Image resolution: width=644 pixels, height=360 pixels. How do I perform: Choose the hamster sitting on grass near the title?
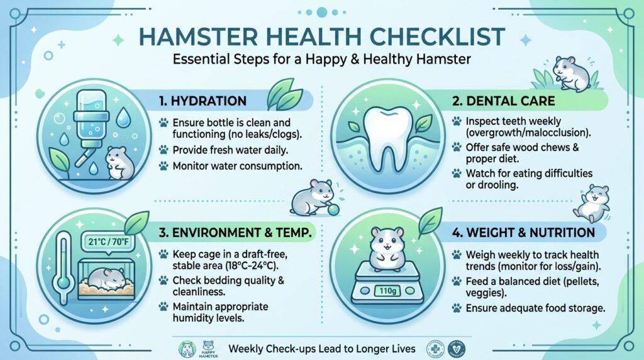[570, 72]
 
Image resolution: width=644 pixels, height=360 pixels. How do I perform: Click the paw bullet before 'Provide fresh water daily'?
[163, 150]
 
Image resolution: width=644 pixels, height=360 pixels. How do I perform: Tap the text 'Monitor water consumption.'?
[238, 166]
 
